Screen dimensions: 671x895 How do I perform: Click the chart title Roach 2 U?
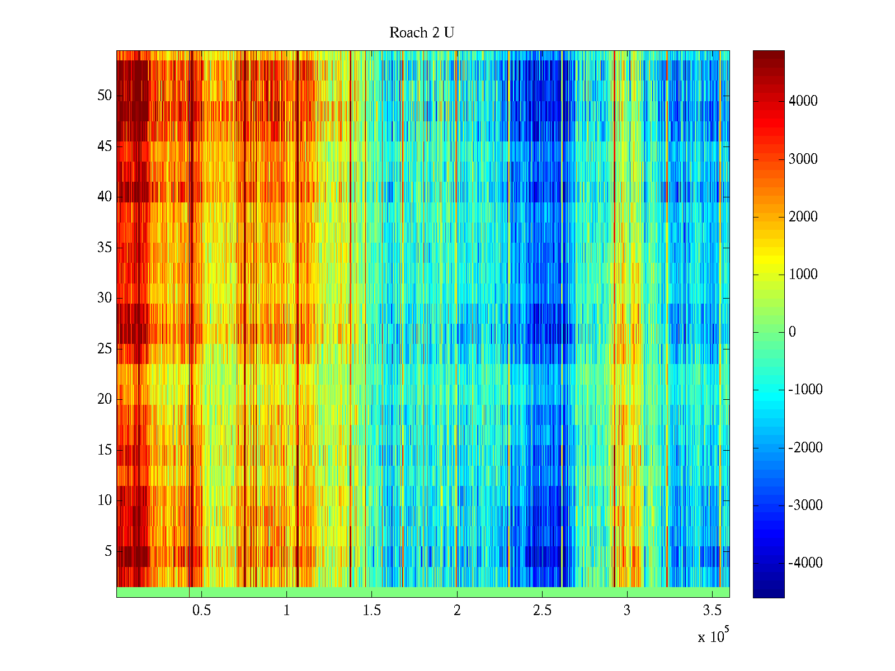(421, 33)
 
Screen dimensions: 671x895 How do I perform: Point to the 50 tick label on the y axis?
(105, 96)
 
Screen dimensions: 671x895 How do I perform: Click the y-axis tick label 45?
(105, 147)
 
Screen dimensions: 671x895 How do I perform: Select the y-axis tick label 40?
(105, 197)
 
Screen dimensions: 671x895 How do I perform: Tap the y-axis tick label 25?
(105, 349)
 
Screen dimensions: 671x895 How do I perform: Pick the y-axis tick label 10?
(105, 500)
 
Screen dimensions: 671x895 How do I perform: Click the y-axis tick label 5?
(108, 551)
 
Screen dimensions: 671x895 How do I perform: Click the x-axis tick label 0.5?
(201, 611)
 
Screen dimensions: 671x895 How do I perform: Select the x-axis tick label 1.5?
(372, 611)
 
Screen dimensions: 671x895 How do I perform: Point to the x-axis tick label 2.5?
(542, 611)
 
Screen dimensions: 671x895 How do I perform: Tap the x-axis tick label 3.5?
(712, 611)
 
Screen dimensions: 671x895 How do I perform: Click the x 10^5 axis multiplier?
(713, 636)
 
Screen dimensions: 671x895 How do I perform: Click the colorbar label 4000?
(803, 101)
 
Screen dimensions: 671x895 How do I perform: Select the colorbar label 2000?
(803, 217)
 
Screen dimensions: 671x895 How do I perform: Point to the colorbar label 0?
(792, 332)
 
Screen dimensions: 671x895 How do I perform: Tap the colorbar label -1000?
(805, 390)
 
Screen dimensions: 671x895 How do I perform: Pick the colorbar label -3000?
(805, 505)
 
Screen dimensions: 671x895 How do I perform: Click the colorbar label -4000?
(805, 563)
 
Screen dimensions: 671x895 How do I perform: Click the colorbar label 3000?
(803, 159)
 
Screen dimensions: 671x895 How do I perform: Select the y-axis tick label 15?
(105, 450)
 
